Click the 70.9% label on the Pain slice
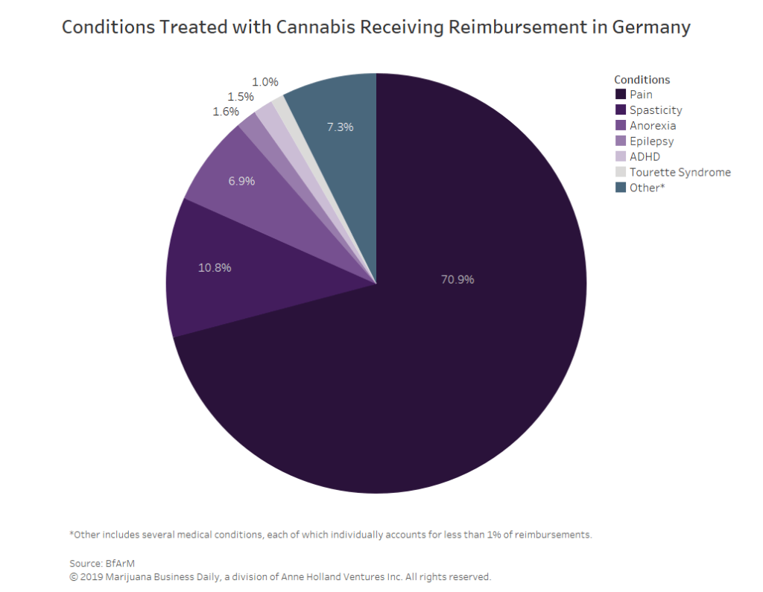458,280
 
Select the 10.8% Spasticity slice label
215,268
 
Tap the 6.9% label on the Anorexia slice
241,181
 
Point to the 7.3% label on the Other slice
340,127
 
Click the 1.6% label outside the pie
226,112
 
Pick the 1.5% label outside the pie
241,97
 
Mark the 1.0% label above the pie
265,82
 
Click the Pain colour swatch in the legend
620,95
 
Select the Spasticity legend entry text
656,110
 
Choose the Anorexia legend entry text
653,126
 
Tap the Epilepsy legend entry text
651,141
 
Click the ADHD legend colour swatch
620,157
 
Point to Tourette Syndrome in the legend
680,172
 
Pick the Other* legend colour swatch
620,188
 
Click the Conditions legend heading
642,80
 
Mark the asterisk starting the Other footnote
72,534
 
